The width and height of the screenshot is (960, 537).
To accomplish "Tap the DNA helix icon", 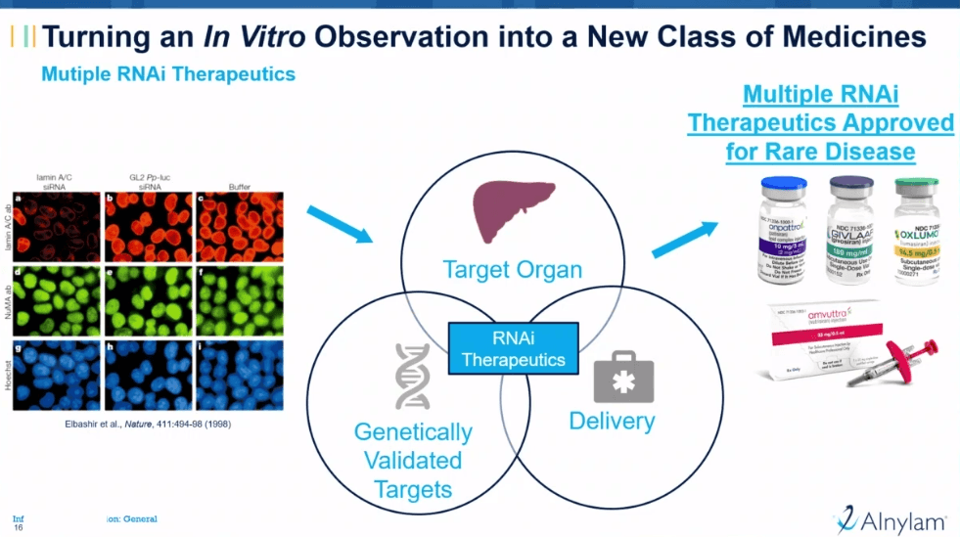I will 412,377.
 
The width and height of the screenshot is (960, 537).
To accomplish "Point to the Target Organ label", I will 512,269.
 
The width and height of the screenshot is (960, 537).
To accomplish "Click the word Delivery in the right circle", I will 612,422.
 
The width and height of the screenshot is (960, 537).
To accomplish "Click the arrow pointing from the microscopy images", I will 339,224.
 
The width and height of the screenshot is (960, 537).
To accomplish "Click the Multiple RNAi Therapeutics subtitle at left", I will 168,74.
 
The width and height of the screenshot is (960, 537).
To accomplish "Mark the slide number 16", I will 19,527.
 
